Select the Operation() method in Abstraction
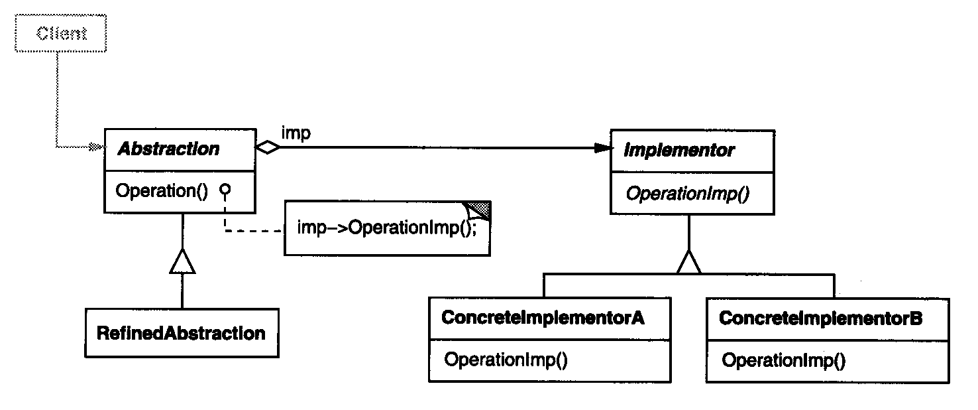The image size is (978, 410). pos(162,191)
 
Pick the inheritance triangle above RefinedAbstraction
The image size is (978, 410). pos(182,263)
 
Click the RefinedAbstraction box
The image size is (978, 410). pos(181,332)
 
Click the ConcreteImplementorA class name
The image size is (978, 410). pos(542,318)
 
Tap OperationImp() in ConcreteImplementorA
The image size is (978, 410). pos(506,360)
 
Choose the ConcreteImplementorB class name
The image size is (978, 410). pos(820,318)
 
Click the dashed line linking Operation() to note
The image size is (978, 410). pos(255,231)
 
